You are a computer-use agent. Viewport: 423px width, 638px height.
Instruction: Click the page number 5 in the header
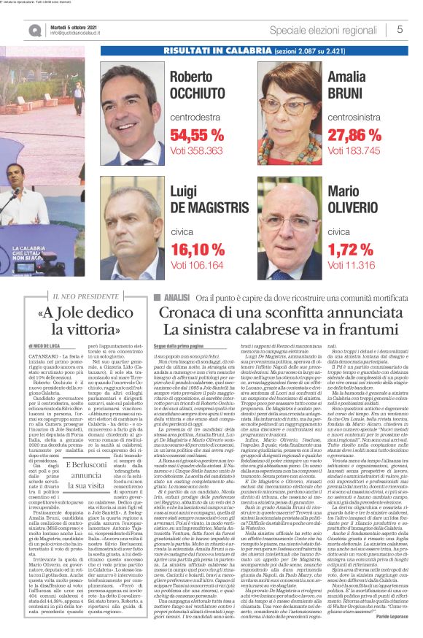[x=400, y=30]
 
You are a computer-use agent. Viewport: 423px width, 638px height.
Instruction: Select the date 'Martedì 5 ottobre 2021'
[x=71, y=25]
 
